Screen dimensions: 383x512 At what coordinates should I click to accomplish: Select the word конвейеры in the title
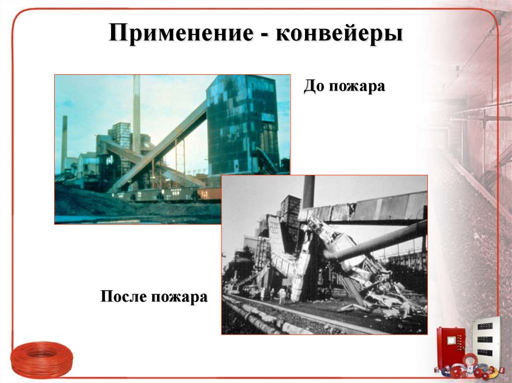tap(339, 34)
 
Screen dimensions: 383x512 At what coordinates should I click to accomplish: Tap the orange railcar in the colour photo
tap(208, 193)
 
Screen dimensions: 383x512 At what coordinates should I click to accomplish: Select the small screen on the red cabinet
tap(451, 340)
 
